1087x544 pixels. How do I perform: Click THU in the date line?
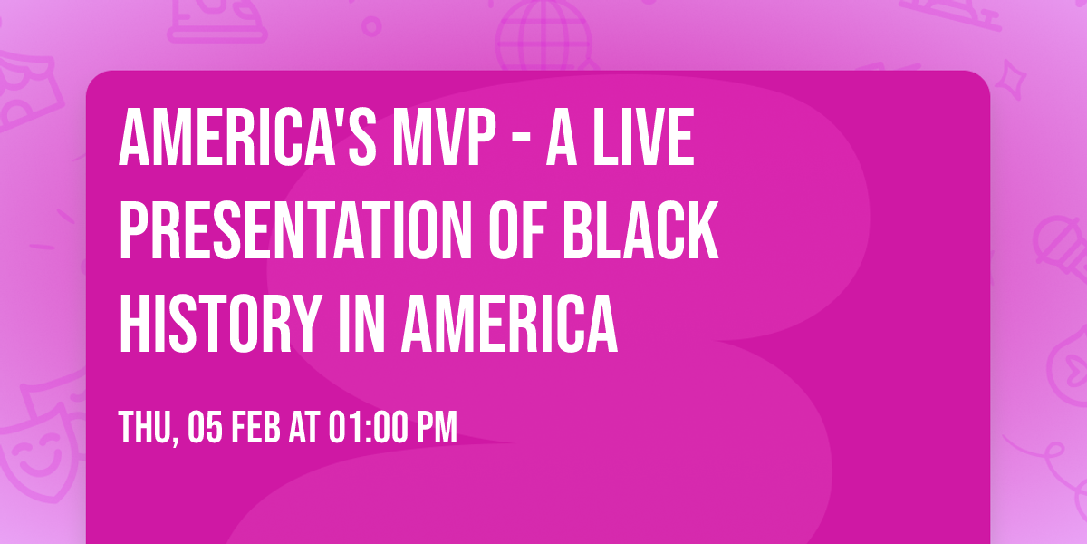144,427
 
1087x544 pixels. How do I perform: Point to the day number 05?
203,427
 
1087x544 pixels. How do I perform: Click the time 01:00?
366,427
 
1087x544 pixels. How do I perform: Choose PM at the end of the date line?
436,427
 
